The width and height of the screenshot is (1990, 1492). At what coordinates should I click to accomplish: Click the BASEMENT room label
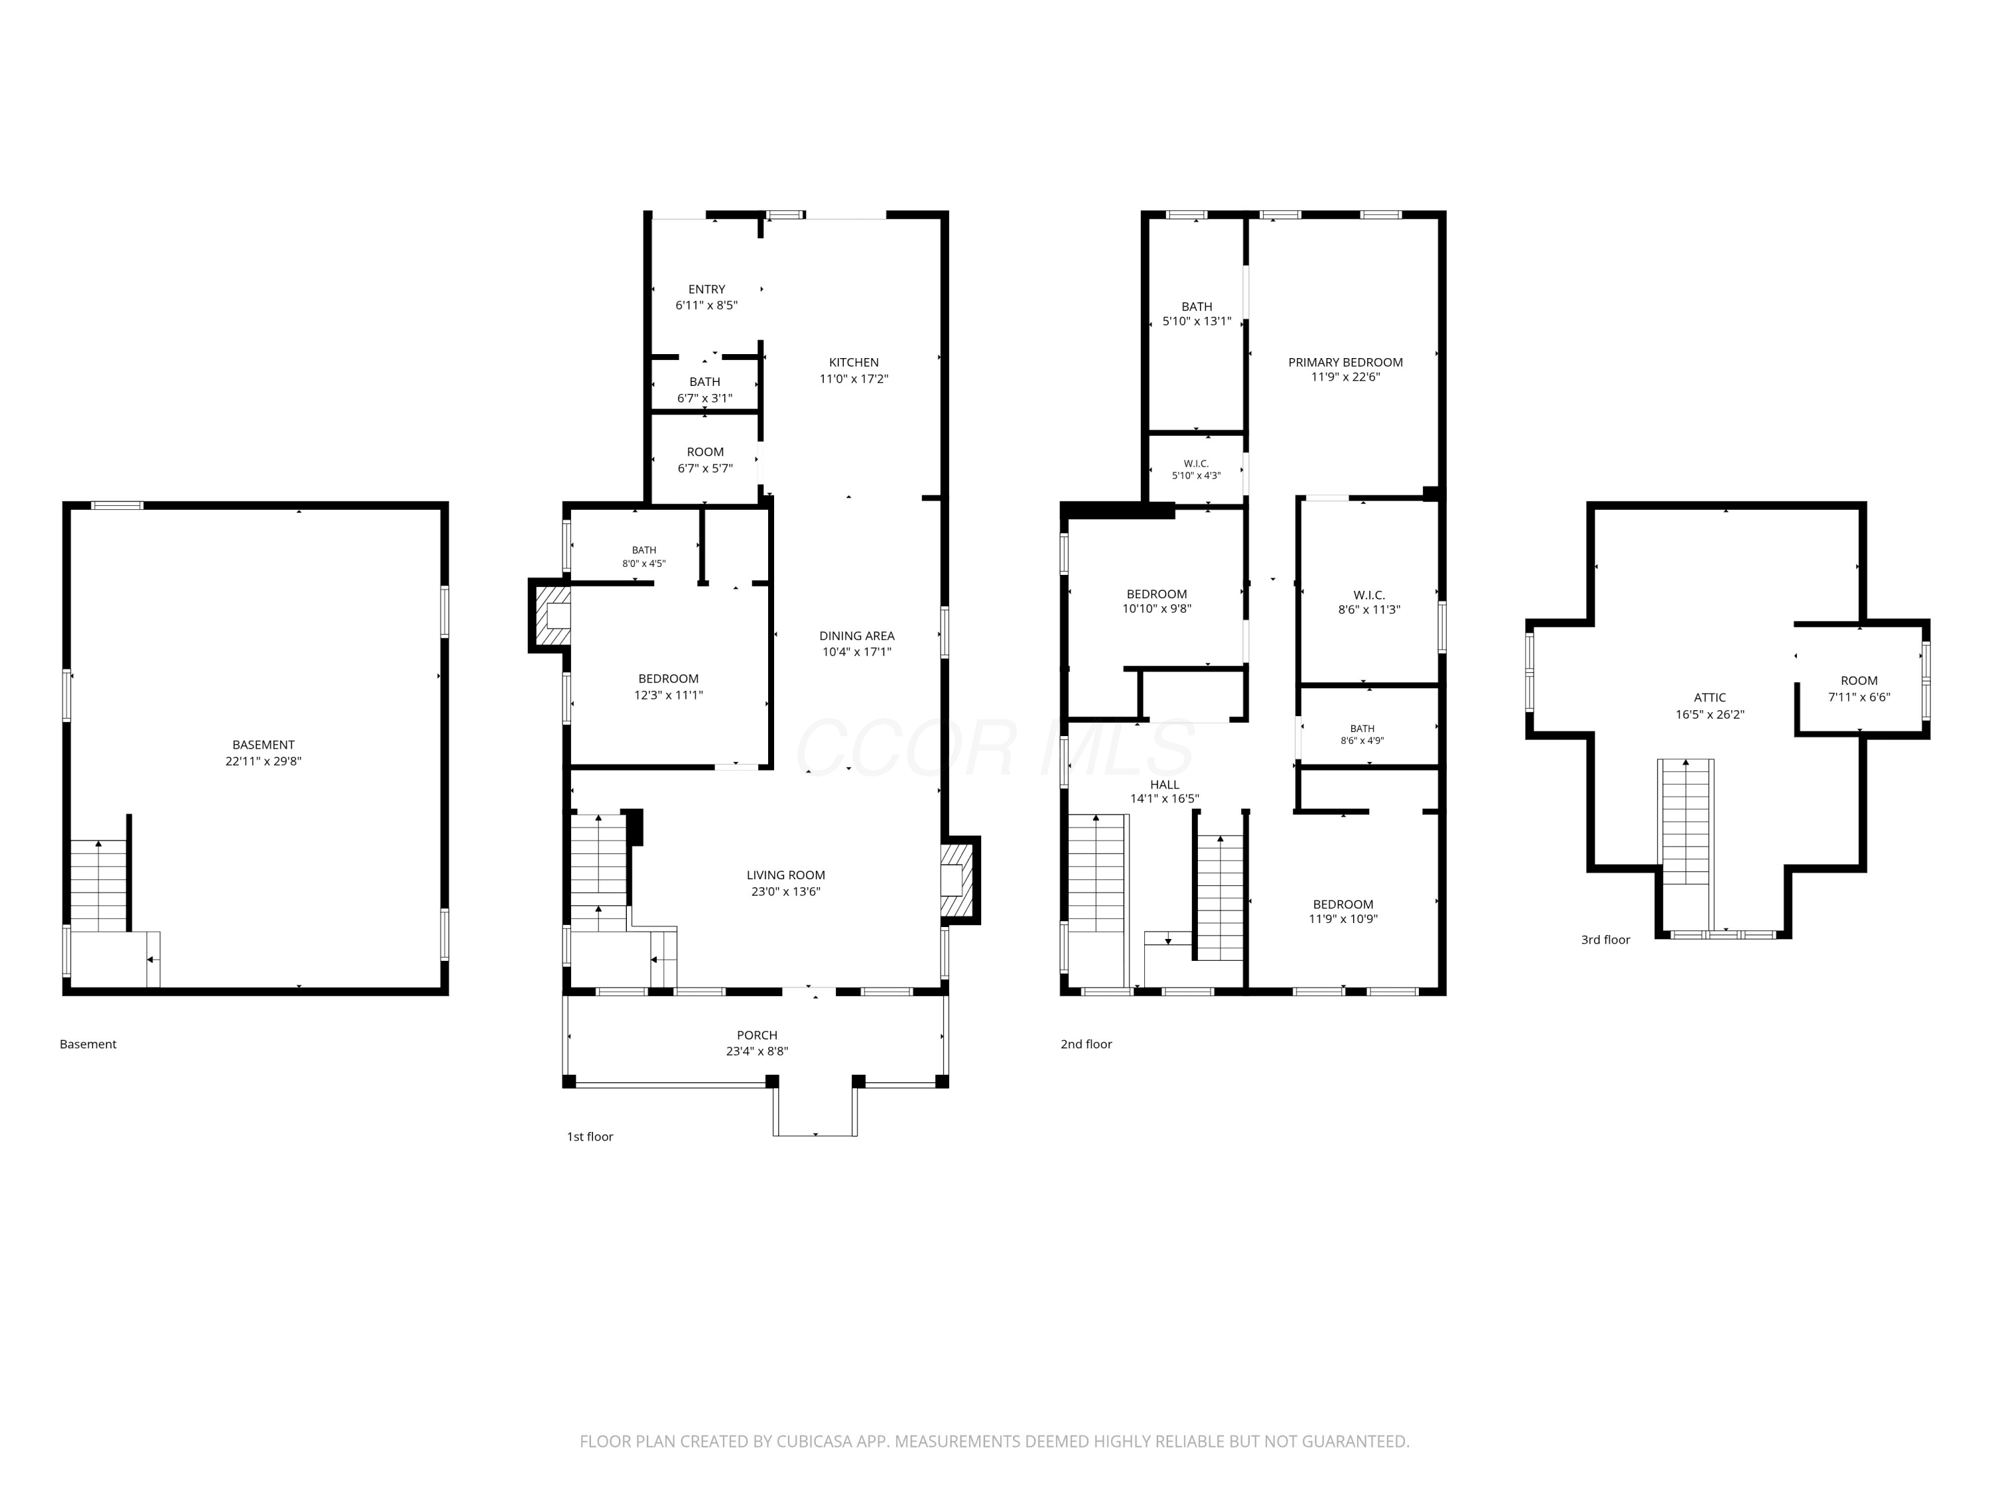(263, 745)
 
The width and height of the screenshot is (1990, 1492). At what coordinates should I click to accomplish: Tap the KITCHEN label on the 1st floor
(854, 363)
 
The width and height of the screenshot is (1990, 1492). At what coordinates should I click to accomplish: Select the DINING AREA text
(856, 636)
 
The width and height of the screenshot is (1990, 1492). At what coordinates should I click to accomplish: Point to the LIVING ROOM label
(785, 875)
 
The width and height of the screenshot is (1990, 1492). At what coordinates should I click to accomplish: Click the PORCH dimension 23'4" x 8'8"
(757, 1051)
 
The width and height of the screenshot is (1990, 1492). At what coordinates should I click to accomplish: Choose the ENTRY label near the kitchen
(706, 290)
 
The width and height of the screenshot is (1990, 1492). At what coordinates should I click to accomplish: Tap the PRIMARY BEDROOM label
(1345, 363)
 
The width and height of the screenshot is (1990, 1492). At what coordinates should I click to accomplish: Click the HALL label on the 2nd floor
(1164, 785)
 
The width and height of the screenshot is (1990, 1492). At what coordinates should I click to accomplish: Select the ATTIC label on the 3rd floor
(1709, 698)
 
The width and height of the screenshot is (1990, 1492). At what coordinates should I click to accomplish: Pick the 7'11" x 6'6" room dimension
(1859, 697)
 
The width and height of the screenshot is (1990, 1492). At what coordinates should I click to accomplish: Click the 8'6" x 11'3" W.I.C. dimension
(1368, 610)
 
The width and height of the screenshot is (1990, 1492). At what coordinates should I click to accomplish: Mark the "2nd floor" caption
(1086, 1044)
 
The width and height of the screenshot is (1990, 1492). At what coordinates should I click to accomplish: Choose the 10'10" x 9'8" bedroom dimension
(1156, 609)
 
